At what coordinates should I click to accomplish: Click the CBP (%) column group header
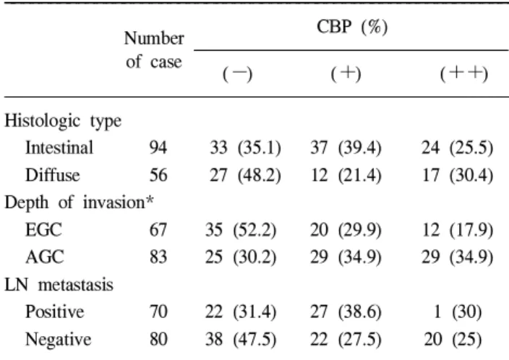[x=352, y=27]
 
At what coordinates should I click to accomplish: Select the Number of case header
[x=154, y=50]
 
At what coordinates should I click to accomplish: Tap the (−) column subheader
[x=237, y=74]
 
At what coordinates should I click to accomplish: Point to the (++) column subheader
[x=464, y=74]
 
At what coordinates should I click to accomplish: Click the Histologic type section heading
[x=63, y=121]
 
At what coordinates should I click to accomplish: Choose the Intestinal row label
[x=59, y=147]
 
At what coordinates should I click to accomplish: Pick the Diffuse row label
[x=53, y=175]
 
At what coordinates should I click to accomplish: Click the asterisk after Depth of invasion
[x=150, y=200]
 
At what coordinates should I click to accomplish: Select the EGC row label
[x=43, y=230]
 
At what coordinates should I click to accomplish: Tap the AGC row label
[x=45, y=257]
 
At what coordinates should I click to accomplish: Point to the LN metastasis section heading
[x=59, y=285]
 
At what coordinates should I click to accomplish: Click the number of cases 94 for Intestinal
[x=158, y=148]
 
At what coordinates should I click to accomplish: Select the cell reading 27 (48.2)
[x=245, y=175]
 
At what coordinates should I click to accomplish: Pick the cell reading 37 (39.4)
[x=346, y=148]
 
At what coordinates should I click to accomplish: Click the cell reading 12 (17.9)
[x=458, y=230]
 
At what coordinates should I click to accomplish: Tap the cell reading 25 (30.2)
[x=241, y=257]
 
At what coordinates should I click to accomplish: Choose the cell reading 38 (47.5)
[x=241, y=340]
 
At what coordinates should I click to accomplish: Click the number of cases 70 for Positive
[x=158, y=312]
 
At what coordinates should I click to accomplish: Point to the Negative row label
[x=59, y=340]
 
